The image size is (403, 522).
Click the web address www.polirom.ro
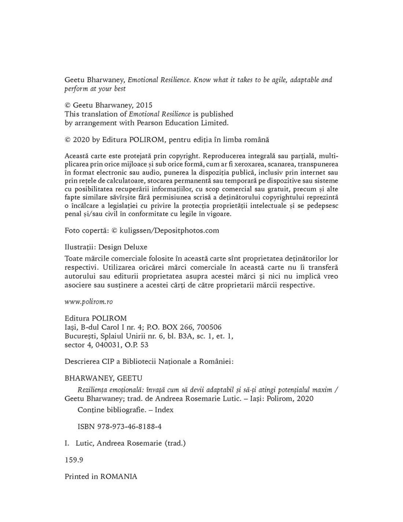pos(89,302)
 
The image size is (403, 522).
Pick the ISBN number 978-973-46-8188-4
pos(129,427)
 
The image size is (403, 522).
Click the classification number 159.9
pos(74,460)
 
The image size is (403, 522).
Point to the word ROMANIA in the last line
pos(119,476)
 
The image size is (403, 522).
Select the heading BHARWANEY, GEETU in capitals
pos(103,378)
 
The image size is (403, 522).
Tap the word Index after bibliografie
pos(164,410)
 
